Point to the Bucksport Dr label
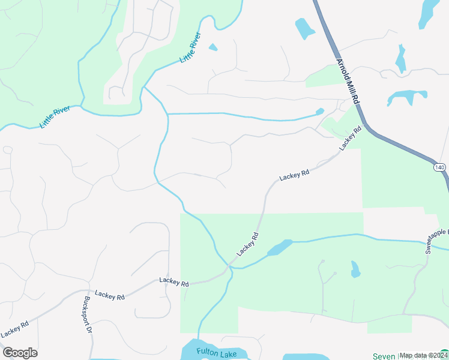pyautogui.click(x=87, y=314)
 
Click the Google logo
pyautogui.click(x=20, y=353)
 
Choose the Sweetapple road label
pyautogui.click(x=436, y=241)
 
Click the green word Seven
pyautogui.click(x=384, y=356)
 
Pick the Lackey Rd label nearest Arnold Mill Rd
pyautogui.click(x=351, y=139)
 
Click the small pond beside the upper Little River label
pyautogui.click(x=212, y=47)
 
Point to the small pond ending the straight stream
pyautogui.click(x=319, y=112)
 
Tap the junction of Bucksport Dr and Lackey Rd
pyautogui.click(x=82, y=292)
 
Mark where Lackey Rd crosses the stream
pyautogui.click(x=229, y=265)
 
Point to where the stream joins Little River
pyautogui.click(x=144, y=88)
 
